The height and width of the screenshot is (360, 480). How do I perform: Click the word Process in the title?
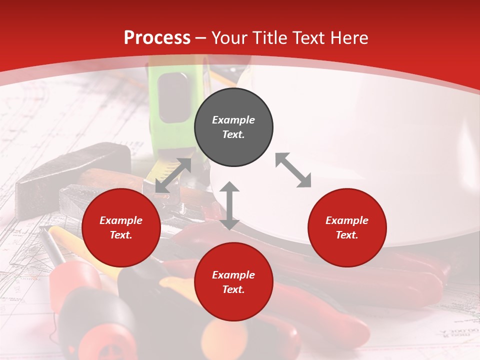coord(157,38)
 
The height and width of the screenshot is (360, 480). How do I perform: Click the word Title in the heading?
coord(270,38)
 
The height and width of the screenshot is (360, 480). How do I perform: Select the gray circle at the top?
coord(233,127)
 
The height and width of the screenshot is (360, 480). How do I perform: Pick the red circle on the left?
coord(121,227)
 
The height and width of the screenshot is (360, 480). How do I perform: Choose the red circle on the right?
coord(347,227)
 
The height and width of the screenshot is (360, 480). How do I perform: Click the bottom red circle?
coord(233,282)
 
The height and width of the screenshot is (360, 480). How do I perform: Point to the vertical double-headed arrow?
coord(229,205)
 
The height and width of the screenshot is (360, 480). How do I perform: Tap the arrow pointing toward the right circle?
coord(293,170)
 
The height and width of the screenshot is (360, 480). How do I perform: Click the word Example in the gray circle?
coord(233,120)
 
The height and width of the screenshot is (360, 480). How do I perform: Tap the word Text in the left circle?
coord(121,235)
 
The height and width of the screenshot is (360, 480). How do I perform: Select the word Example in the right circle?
coord(347,220)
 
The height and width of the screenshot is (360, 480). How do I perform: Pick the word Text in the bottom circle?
coord(233,289)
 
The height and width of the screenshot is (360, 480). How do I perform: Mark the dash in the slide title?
coord(201,38)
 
